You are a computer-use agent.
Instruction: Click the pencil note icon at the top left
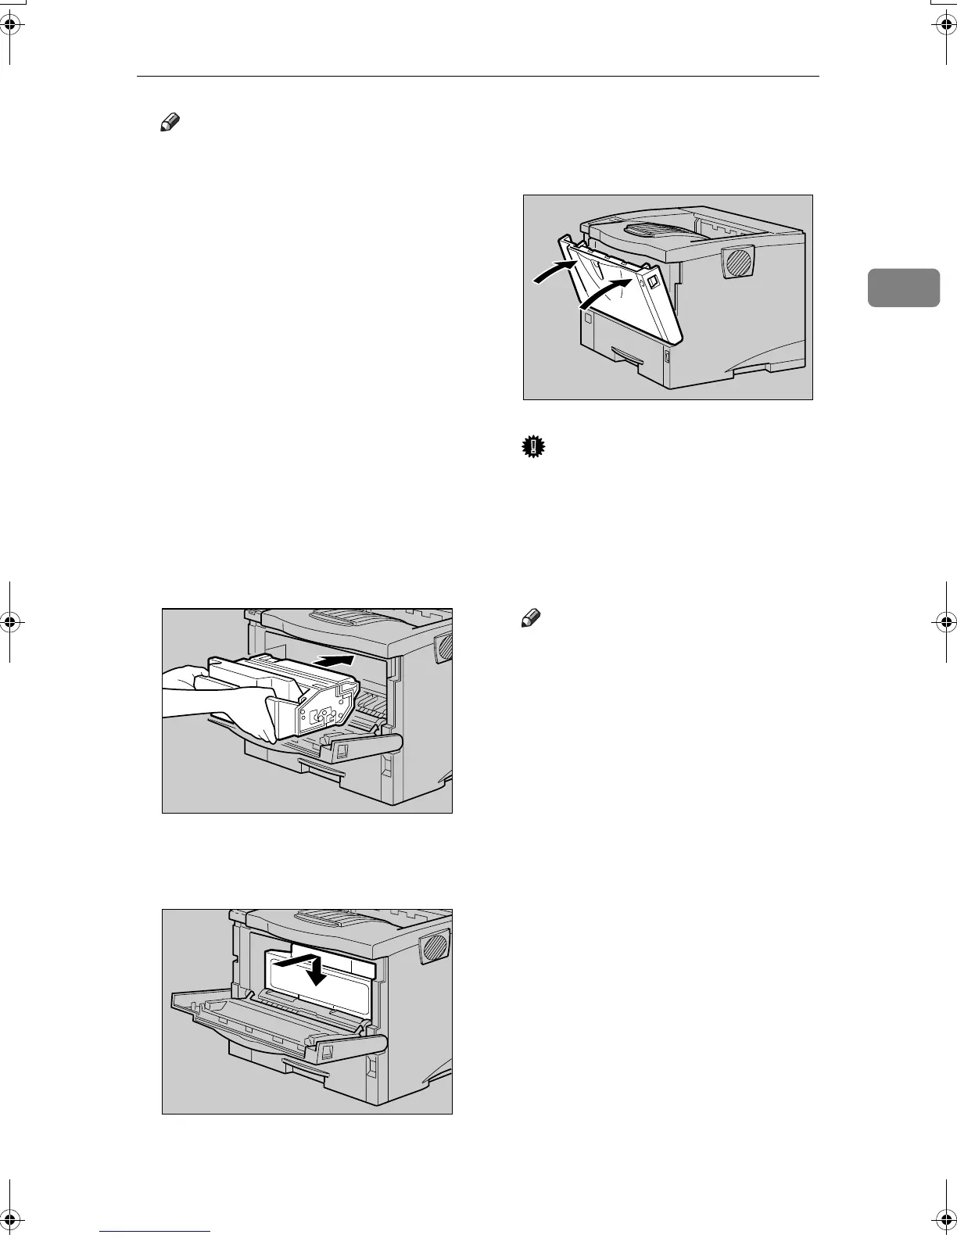click(170, 122)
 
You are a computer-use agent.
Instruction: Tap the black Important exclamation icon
click(533, 447)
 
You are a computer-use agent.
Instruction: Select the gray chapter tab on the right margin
click(904, 288)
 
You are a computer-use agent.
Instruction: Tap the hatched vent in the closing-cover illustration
click(738, 263)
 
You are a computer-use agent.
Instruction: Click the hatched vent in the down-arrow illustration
click(435, 948)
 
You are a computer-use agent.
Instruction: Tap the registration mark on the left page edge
click(11, 623)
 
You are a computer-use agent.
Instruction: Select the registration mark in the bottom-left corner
click(11, 1218)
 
